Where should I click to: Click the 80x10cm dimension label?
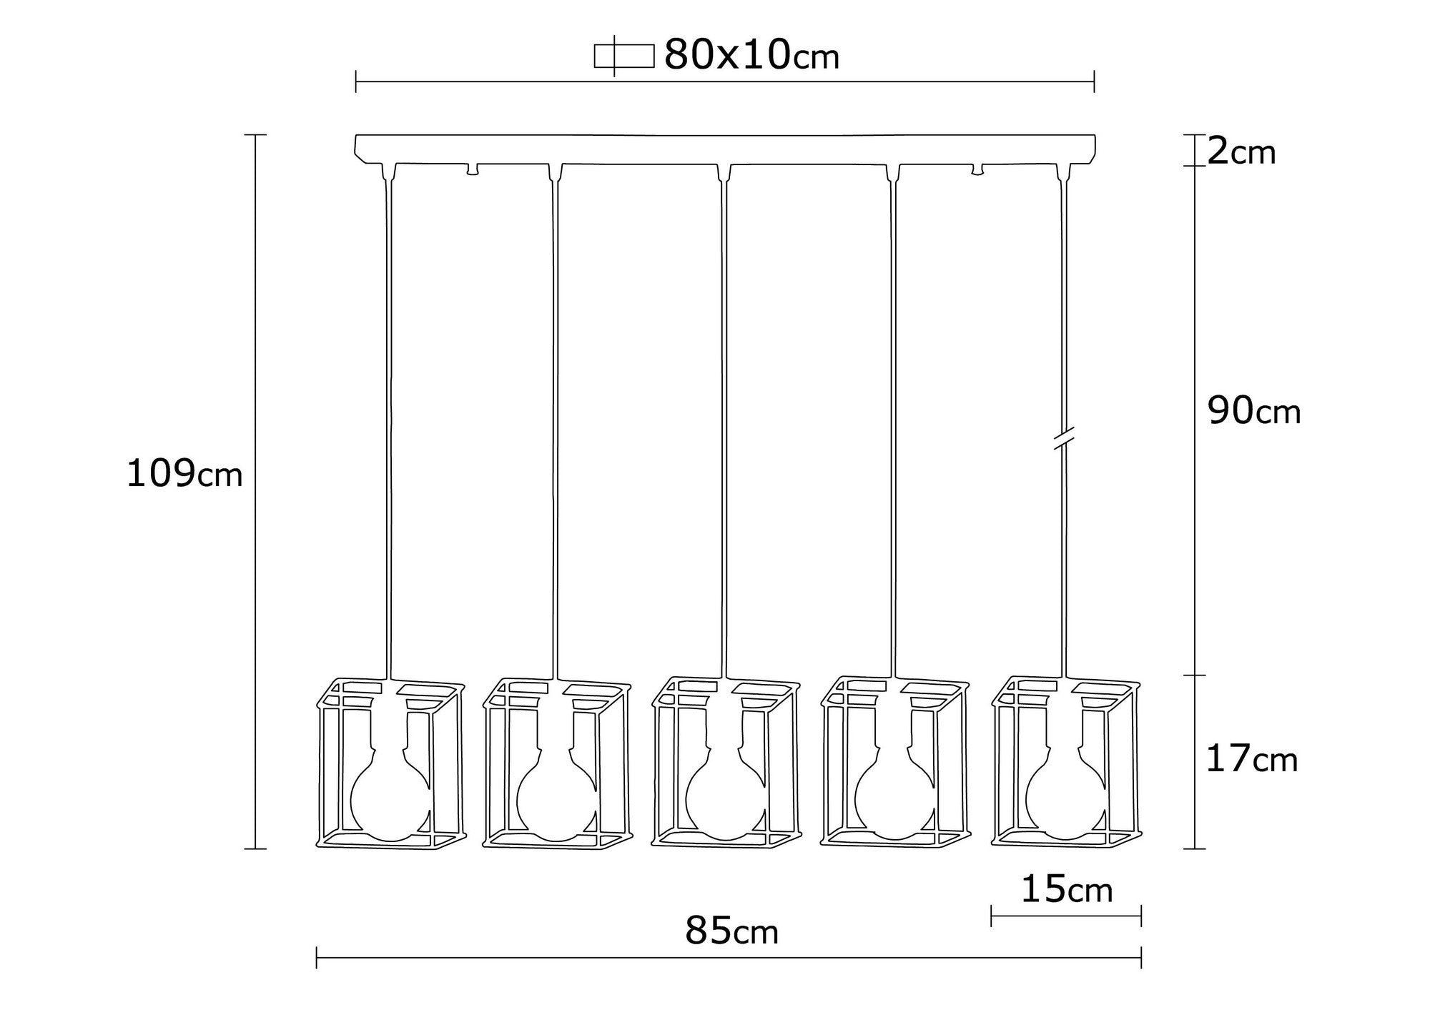(751, 55)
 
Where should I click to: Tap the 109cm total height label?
(184, 474)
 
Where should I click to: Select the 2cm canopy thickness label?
(1241, 152)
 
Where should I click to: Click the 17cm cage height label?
(1251, 760)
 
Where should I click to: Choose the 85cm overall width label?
(731, 932)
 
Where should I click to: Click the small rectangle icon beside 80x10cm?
(623, 56)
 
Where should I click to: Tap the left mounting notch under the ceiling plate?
(472, 170)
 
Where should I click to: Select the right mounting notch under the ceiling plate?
(977, 170)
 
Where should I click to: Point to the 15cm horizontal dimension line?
(1065, 916)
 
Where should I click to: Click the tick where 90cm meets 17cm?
(1195, 675)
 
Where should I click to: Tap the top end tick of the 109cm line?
(255, 134)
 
